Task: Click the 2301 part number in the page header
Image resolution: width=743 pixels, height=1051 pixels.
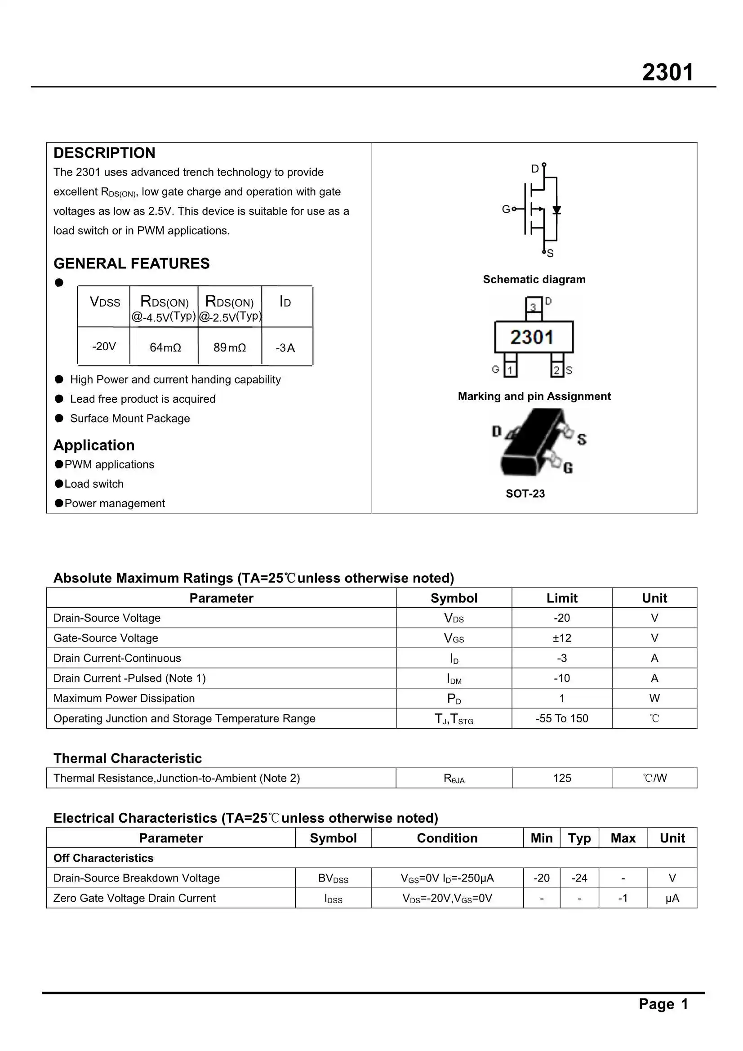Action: [x=667, y=72]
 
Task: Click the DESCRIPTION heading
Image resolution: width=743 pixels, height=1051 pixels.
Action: [x=104, y=153]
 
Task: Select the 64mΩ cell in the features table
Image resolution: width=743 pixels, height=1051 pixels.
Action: [x=165, y=347]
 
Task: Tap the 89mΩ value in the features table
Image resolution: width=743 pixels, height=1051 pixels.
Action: [x=229, y=347]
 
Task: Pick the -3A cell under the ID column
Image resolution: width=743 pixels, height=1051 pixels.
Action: [x=285, y=348]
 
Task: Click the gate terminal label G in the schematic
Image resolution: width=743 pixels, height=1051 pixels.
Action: [x=505, y=209]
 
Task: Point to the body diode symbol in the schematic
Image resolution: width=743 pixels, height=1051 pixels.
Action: [x=556, y=210]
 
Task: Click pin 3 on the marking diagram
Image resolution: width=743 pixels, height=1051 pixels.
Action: [x=533, y=306]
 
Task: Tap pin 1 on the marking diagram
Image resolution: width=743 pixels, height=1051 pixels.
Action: [x=510, y=370]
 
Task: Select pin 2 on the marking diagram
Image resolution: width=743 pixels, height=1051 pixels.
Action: [x=556, y=370]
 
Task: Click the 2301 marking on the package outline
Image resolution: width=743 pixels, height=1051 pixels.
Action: [x=532, y=337]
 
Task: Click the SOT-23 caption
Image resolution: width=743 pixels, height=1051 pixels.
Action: [x=525, y=494]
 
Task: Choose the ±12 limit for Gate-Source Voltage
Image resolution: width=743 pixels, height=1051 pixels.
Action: [x=562, y=638]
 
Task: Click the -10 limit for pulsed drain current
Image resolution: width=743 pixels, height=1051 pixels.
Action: [x=562, y=678]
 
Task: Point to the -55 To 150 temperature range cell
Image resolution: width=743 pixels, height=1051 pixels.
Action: [x=562, y=719]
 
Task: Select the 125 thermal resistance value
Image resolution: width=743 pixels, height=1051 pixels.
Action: [x=562, y=778]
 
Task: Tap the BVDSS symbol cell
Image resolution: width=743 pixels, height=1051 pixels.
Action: [x=333, y=878]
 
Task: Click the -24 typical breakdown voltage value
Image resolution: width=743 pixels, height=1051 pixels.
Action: [x=579, y=878]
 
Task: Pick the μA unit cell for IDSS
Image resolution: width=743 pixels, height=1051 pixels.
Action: [x=672, y=898]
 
